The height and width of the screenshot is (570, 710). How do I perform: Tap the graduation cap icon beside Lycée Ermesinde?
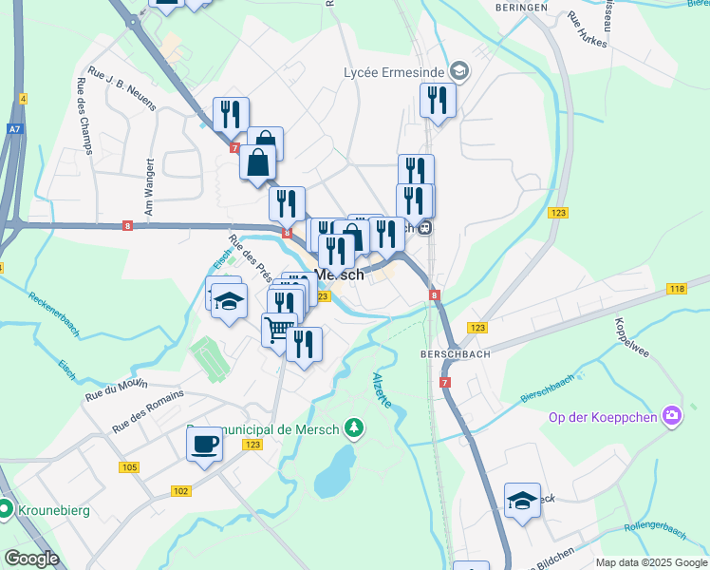click(x=459, y=70)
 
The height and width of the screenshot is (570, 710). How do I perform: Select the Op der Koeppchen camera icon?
click(x=672, y=415)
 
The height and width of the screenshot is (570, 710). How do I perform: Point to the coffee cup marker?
click(x=204, y=444)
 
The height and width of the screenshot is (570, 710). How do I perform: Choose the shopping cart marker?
click(x=279, y=331)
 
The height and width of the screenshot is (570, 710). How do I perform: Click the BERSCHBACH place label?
click(x=454, y=351)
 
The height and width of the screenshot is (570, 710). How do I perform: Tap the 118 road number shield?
click(x=676, y=289)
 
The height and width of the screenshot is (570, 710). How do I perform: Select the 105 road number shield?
click(x=130, y=467)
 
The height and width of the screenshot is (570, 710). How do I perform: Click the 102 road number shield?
click(x=181, y=491)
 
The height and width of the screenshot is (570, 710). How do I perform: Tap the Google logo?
click(x=31, y=559)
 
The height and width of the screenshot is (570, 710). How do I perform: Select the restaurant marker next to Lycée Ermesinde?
click(x=438, y=101)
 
